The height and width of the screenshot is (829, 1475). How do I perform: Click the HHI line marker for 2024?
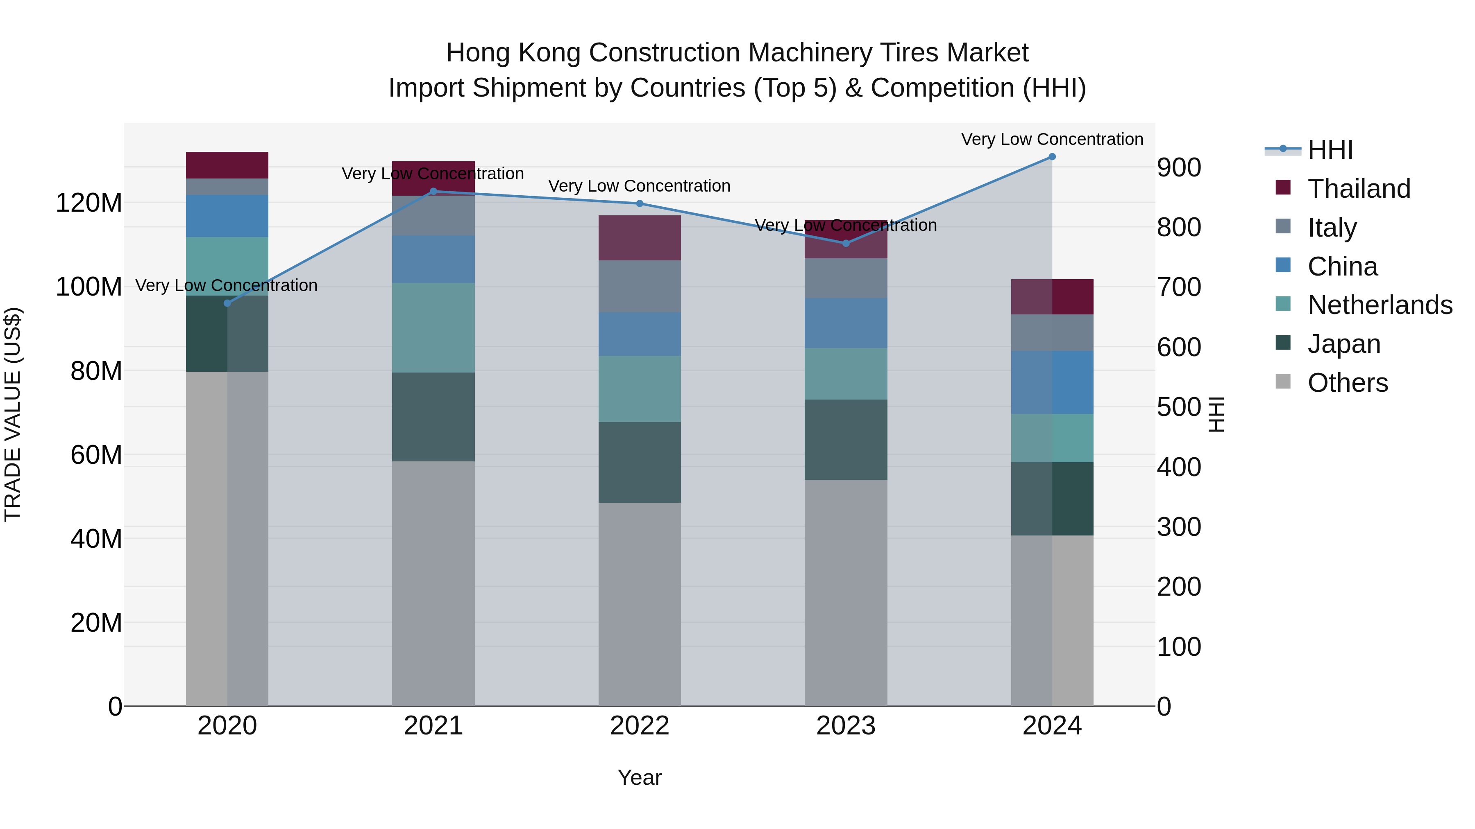click(x=1052, y=157)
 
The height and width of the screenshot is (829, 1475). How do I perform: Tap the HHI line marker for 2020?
click(x=227, y=303)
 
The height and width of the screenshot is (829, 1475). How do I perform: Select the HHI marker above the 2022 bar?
click(x=640, y=204)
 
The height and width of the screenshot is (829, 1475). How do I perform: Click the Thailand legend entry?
click(x=1359, y=189)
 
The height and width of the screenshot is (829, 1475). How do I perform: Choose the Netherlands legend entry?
click(x=1380, y=305)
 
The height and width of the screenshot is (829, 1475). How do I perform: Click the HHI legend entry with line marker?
click(x=1330, y=150)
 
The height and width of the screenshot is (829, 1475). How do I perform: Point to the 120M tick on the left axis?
click(x=89, y=203)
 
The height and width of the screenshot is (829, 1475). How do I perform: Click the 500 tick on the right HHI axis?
click(x=1178, y=407)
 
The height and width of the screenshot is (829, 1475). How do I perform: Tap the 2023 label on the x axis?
click(x=846, y=726)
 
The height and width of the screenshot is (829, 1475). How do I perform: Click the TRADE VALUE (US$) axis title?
click(x=13, y=414)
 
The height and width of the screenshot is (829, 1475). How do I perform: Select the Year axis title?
click(x=640, y=777)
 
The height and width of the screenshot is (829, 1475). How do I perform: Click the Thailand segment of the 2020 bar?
click(x=227, y=165)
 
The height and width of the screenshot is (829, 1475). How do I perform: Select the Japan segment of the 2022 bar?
click(x=640, y=462)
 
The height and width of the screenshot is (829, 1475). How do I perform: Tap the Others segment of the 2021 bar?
click(x=433, y=583)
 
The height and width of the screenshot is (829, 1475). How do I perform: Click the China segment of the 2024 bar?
click(x=1052, y=382)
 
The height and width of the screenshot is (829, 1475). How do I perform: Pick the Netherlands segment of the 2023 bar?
click(x=846, y=374)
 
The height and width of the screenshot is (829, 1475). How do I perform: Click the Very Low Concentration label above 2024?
click(x=1052, y=139)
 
